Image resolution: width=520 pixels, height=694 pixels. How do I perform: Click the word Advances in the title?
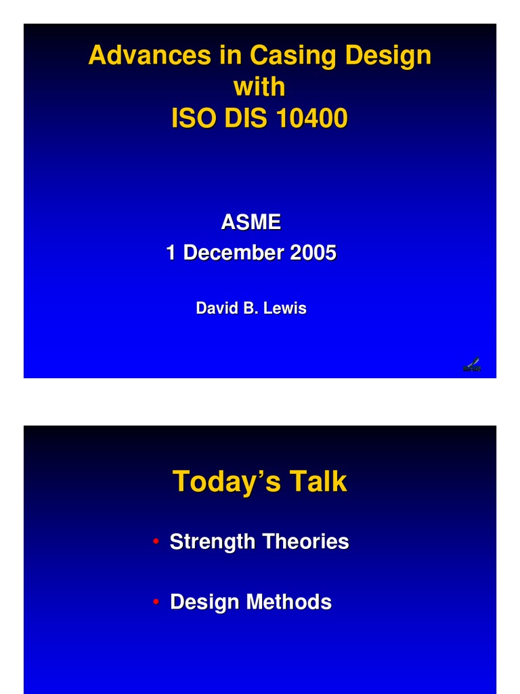(x=150, y=55)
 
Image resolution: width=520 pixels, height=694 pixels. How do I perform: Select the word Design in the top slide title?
(x=388, y=56)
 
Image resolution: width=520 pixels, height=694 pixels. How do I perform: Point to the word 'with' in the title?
(x=259, y=86)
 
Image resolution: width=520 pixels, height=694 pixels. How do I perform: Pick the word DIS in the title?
(x=245, y=118)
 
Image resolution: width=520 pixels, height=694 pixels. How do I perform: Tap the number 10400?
(x=311, y=118)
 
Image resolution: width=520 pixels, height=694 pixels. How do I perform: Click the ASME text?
(x=251, y=222)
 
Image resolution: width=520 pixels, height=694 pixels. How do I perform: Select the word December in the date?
(x=233, y=252)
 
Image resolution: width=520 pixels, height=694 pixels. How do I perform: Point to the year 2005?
(x=313, y=252)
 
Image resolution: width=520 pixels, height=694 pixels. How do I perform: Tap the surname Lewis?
(x=285, y=308)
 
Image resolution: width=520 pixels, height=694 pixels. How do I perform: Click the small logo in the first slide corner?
(x=472, y=365)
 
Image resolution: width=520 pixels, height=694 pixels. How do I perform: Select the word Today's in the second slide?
(x=226, y=481)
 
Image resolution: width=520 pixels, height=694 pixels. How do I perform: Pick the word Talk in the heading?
(x=318, y=481)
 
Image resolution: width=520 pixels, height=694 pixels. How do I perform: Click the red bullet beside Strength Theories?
(x=156, y=542)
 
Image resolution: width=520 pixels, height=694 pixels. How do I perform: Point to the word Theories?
(x=305, y=542)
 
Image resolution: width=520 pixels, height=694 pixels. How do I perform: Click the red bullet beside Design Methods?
(x=156, y=602)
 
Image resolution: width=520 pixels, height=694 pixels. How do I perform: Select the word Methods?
(x=288, y=602)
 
